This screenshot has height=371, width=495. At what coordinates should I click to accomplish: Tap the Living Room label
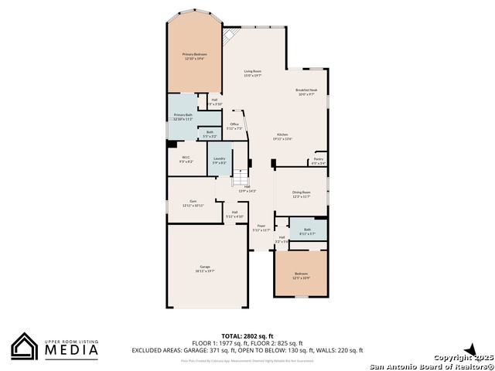coord(253,71)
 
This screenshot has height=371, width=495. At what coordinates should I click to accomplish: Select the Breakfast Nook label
coord(307,90)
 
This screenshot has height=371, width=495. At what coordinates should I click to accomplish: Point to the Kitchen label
coord(283,135)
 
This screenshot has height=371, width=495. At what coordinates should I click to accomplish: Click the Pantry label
coord(318,160)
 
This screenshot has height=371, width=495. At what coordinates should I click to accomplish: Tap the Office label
coord(234,124)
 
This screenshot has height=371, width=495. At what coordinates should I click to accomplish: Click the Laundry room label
coord(220,158)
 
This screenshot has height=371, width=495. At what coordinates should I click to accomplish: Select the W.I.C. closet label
coord(186,158)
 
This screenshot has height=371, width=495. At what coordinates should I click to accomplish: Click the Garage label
coord(205,267)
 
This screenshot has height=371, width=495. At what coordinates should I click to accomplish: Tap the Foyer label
coord(261,226)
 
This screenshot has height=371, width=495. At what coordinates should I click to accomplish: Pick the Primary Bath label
coord(183,114)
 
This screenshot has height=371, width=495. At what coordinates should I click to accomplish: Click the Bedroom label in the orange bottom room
coord(300,274)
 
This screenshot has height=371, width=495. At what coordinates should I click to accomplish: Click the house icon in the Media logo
coord(25,346)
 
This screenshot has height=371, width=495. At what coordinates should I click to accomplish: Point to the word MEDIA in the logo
coord(70,350)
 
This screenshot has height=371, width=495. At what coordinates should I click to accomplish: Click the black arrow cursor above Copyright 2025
coord(469,350)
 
